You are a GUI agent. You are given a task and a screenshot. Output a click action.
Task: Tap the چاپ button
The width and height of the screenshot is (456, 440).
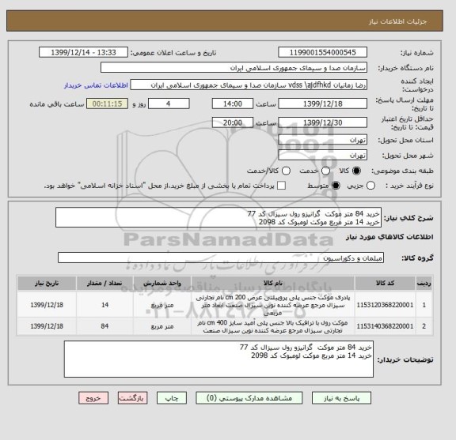(x=180, y=420)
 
